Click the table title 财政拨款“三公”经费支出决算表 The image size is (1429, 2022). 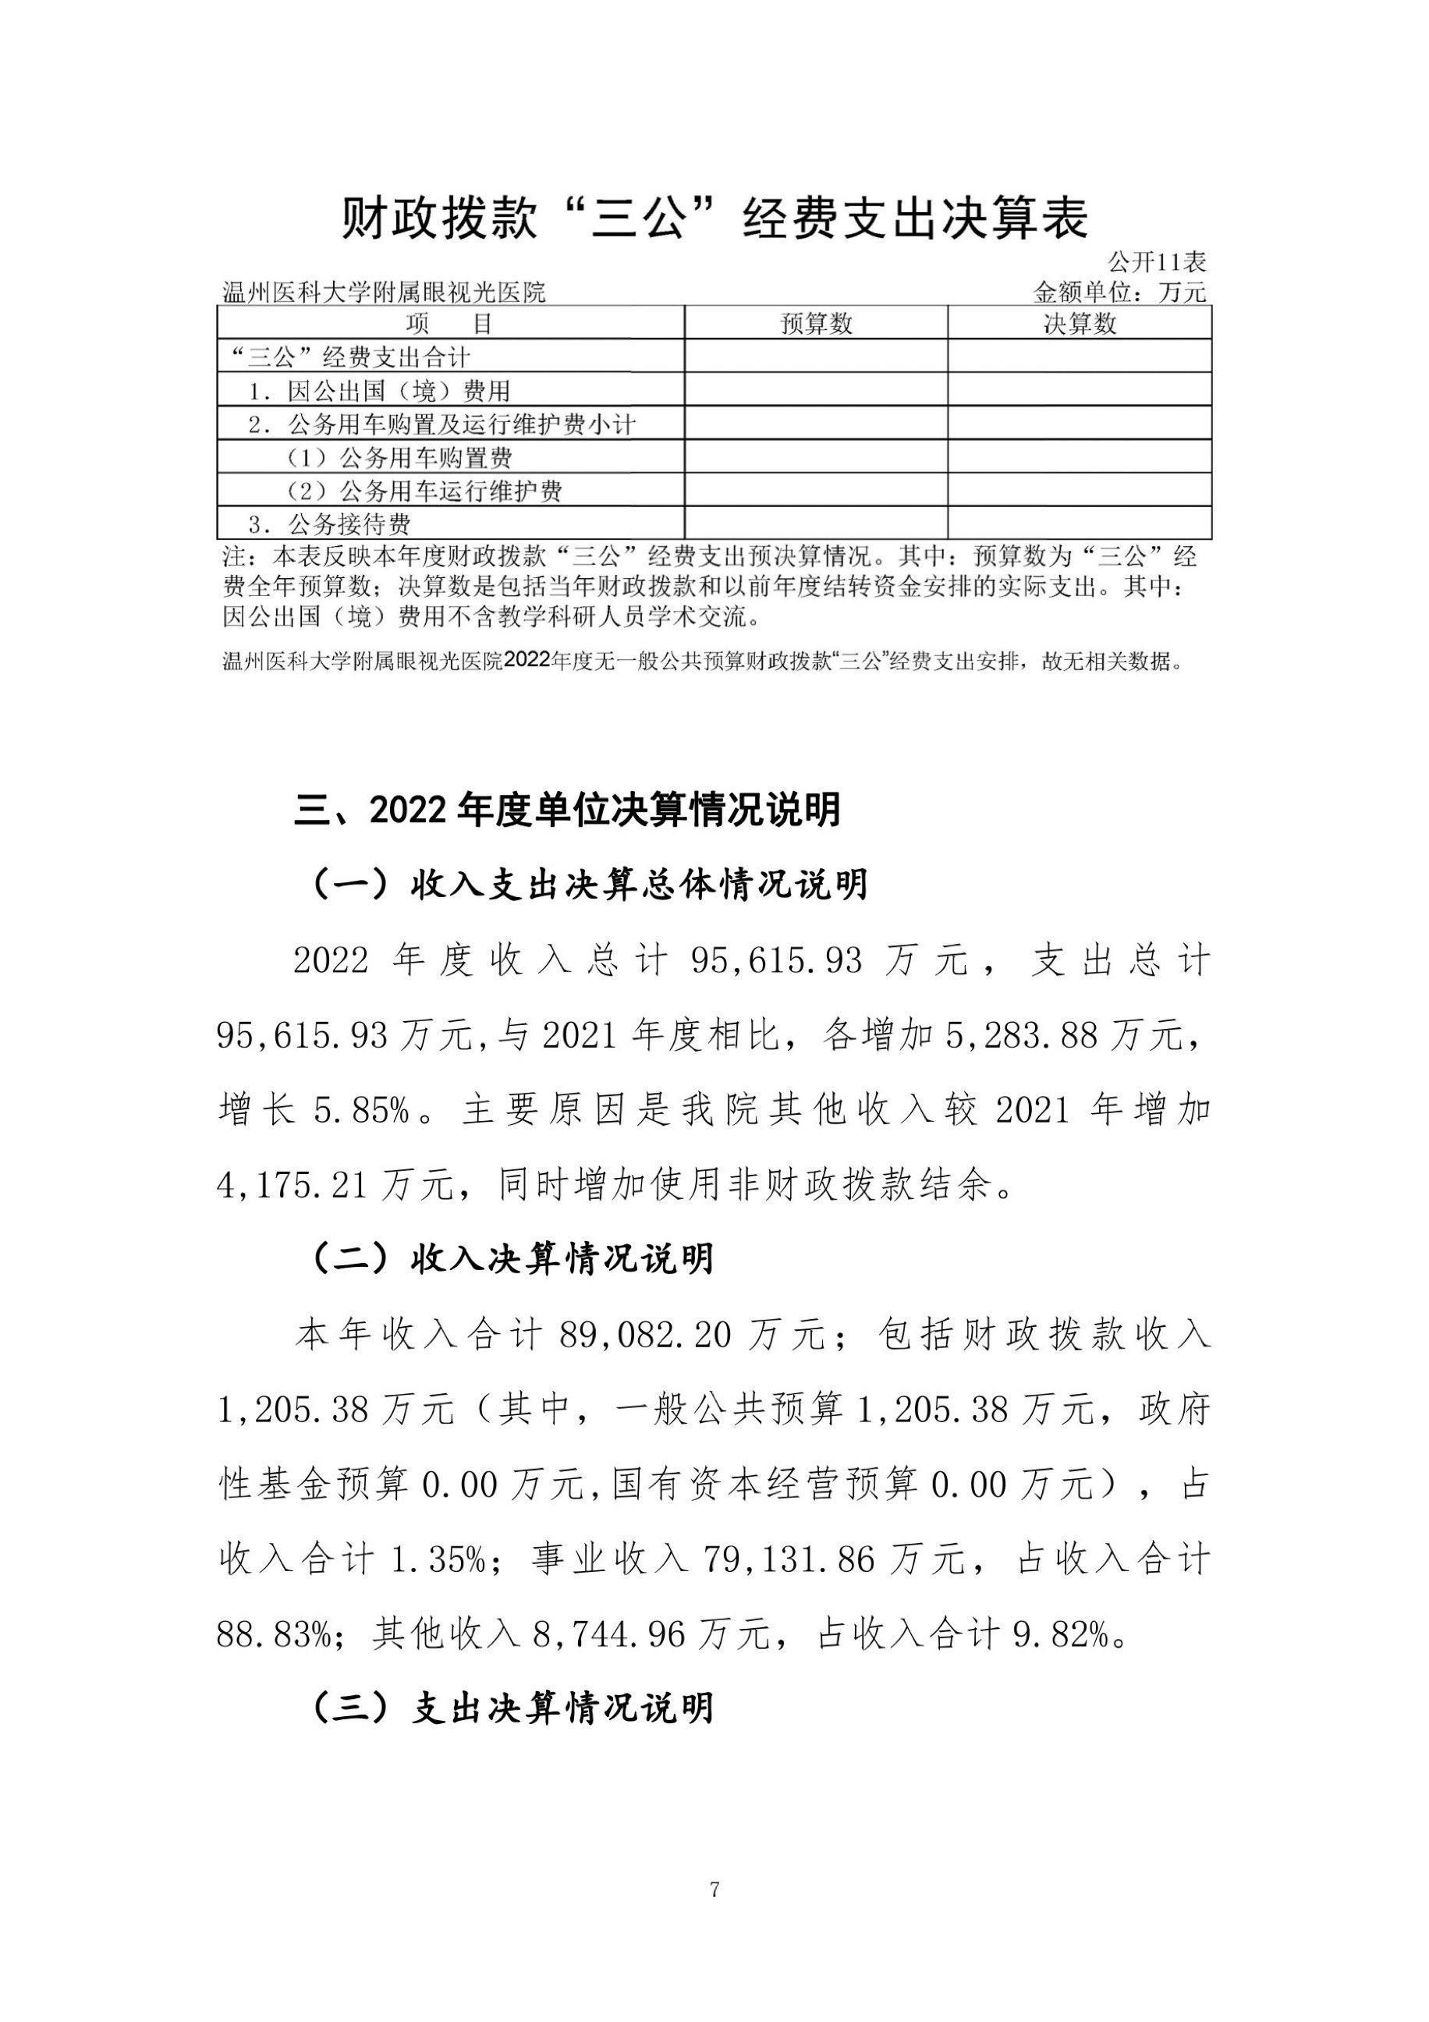pos(714,218)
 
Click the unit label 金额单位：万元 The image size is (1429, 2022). pos(1120,292)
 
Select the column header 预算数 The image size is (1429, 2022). pos(816,324)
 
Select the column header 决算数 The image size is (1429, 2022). pos(1080,324)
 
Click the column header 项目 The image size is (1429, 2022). pos(450,324)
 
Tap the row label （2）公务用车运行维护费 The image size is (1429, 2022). pos(424,491)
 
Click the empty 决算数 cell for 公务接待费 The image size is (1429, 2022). pos(1080,524)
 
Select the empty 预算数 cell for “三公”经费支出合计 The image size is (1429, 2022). pos(816,357)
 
